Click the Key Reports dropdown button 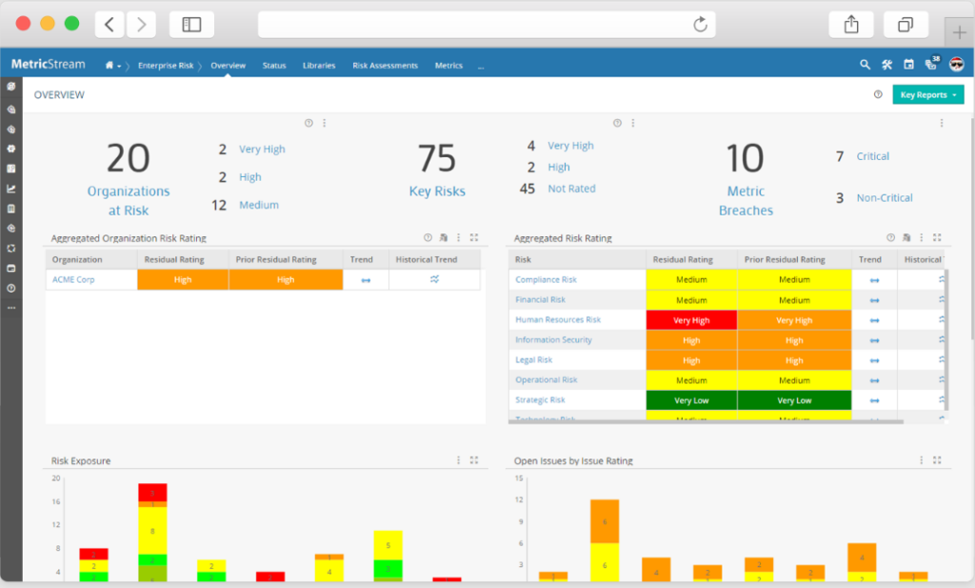tap(927, 95)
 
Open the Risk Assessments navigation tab tap(385, 66)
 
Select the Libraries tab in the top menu tap(319, 66)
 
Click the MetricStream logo tap(48, 65)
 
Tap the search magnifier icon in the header tap(865, 65)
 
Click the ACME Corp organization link tap(73, 280)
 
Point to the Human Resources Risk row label tap(557, 320)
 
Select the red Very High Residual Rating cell tap(691, 320)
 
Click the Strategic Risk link tap(540, 400)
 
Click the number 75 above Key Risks tap(437, 158)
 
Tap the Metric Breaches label tap(746, 201)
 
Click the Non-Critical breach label tap(885, 198)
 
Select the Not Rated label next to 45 tap(571, 189)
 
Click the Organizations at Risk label tap(129, 201)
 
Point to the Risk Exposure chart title tap(81, 461)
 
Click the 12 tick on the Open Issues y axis tap(519, 500)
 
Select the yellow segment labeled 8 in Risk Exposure tap(152, 531)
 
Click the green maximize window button tap(71, 24)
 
